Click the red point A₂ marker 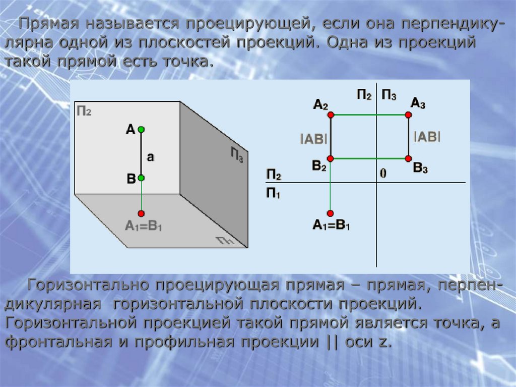click(x=331, y=115)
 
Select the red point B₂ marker click(x=331, y=158)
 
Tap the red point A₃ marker click(x=408, y=115)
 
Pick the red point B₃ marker click(x=408, y=158)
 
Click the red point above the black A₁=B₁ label click(x=331, y=212)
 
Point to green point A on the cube click(x=142, y=130)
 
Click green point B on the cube click(x=142, y=178)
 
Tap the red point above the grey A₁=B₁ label click(x=142, y=212)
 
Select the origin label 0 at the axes click(x=383, y=173)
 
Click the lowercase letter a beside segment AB click(x=150, y=157)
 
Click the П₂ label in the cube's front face click(x=84, y=111)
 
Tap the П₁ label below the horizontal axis click(x=273, y=193)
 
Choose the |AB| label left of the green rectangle click(x=313, y=139)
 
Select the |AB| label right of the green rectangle click(x=427, y=136)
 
